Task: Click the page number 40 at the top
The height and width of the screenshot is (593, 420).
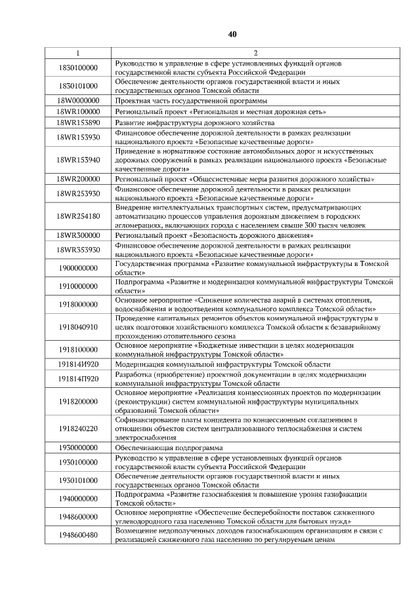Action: pyautogui.click(x=232, y=34)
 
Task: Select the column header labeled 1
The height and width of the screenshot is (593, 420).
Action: pyautogui.click(x=77, y=52)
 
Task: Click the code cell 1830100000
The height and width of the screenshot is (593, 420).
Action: pyautogui.click(x=77, y=67)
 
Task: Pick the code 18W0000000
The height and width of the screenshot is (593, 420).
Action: pyautogui.click(x=77, y=101)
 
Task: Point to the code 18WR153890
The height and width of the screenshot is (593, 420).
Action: pyautogui.click(x=77, y=123)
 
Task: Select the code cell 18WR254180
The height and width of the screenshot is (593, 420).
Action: pyautogui.click(x=77, y=216)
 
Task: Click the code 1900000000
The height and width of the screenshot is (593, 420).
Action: pyautogui.click(x=77, y=267)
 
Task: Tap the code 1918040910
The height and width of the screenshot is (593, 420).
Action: pyautogui.click(x=77, y=326)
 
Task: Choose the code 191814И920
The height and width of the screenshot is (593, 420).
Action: pyautogui.click(x=77, y=364)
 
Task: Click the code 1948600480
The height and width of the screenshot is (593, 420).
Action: pyautogui.click(x=77, y=535)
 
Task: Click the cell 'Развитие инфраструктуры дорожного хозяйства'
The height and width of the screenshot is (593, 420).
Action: pyautogui.click(x=190, y=123)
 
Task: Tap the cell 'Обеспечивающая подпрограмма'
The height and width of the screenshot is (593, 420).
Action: pyautogui.click(x=169, y=447)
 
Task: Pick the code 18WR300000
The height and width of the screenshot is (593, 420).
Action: pyautogui.click(x=77, y=234)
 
